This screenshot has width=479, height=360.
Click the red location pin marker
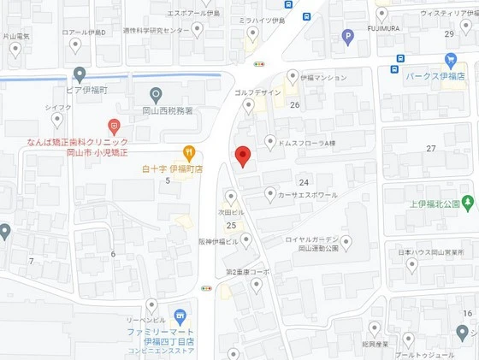tap(243, 156)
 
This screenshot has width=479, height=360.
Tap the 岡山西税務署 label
tap(166, 110)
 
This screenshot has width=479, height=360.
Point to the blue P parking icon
tap(347, 36)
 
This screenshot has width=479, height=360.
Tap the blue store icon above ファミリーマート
tap(180, 316)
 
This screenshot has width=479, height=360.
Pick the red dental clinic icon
tap(115, 126)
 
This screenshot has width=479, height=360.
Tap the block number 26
tap(294, 105)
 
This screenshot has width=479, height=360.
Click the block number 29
tap(449, 34)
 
